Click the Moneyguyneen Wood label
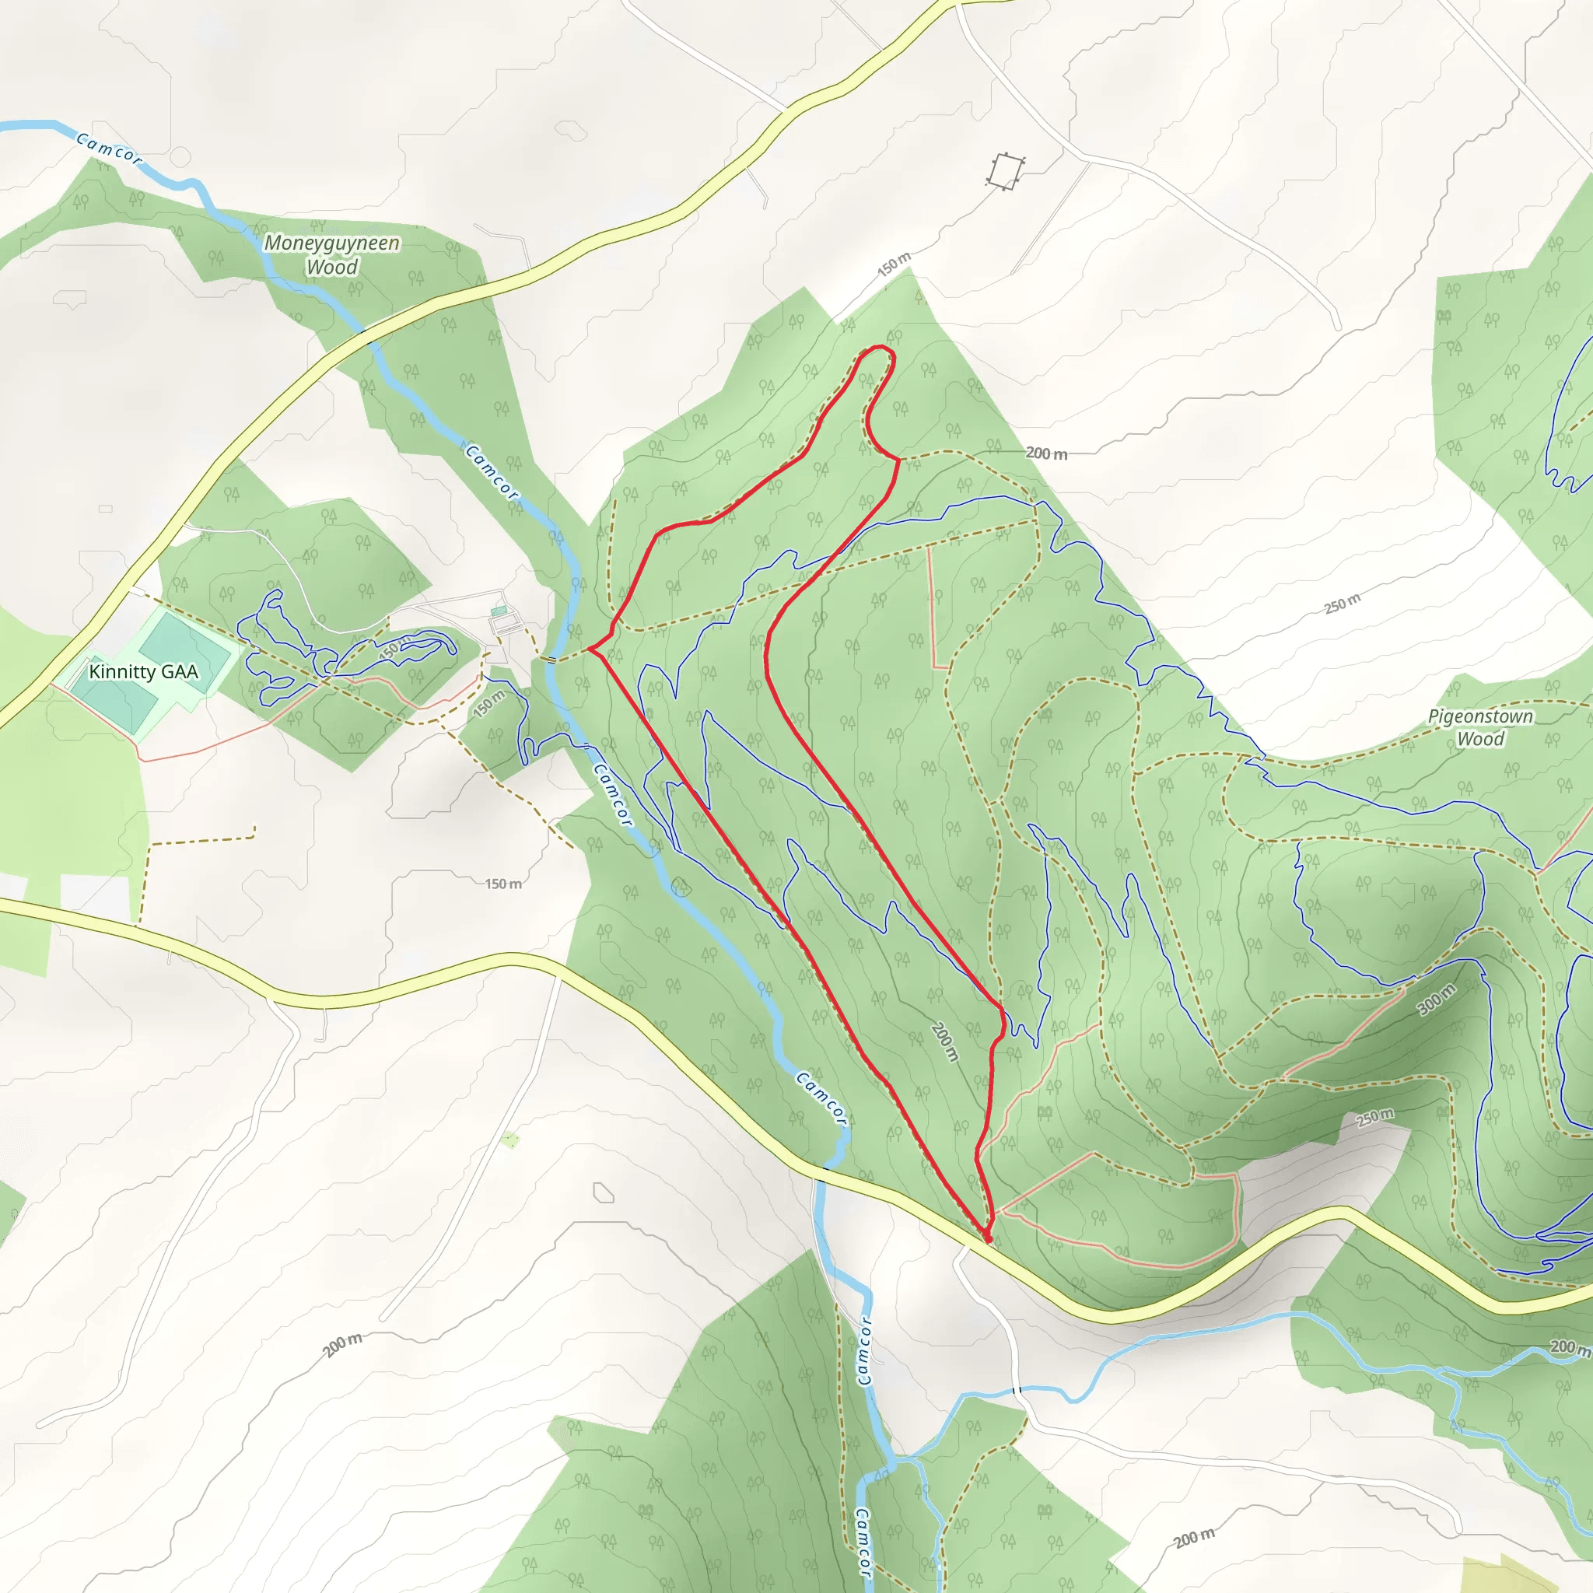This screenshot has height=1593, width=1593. pyautogui.click(x=331, y=255)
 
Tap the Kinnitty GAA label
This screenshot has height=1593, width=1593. pyautogui.click(x=143, y=672)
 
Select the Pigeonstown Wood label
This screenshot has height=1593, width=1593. pyautogui.click(x=1480, y=727)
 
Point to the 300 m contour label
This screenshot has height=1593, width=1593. pyautogui.click(x=1437, y=1000)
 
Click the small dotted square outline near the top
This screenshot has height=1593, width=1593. pyautogui.click(x=1004, y=171)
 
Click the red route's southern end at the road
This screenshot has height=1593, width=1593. pyautogui.click(x=988, y=1238)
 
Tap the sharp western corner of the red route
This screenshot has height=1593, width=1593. pyautogui.click(x=590, y=650)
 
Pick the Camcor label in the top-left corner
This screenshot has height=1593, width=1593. pyautogui.click(x=109, y=149)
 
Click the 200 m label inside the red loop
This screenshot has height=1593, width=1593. pyautogui.click(x=945, y=1042)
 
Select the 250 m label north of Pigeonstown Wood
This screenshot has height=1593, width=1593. pyautogui.click(x=1343, y=604)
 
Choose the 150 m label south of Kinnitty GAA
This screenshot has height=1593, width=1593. pyautogui.click(x=503, y=884)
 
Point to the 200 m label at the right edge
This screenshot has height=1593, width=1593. pyautogui.click(x=1570, y=1346)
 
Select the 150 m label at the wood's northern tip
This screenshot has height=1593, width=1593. pyautogui.click(x=894, y=263)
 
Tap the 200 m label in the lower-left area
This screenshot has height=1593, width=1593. pyautogui.click(x=342, y=1345)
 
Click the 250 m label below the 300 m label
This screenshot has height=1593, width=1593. pyautogui.click(x=1374, y=1117)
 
